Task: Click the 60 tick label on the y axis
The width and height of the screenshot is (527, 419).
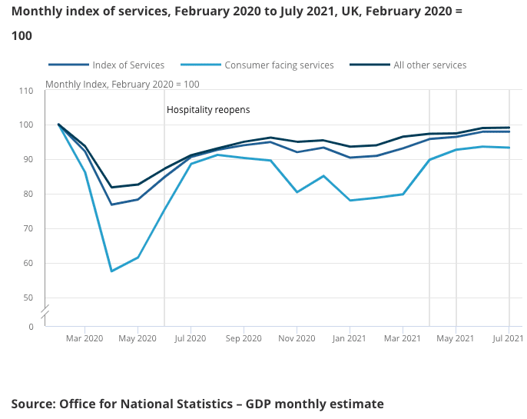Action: pyautogui.click(x=28, y=263)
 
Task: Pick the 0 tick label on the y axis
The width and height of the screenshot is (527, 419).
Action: pyautogui.click(x=31, y=327)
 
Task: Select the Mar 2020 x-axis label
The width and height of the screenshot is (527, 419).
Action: pyautogui.click(x=85, y=338)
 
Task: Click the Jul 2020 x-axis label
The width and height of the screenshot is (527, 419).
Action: pyautogui.click(x=190, y=338)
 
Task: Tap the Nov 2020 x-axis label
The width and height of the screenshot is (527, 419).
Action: pyautogui.click(x=296, y=338)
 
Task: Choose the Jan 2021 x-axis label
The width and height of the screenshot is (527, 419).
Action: pyautogui.click(x=350, y=338)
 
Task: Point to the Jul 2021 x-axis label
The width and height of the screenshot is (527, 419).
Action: pyautogui.click(x=509, y=338)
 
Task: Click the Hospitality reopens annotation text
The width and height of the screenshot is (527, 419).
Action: pyautogui.click(x=208, y=110)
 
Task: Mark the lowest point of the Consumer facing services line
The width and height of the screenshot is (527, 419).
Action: pyautogui.click(x=111, y=271)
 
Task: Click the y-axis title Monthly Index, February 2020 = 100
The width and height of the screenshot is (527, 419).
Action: pyautogui.click(x=122, y=84)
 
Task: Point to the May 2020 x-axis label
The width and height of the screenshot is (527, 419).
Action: pyautogui.click(x=138, y=338)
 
